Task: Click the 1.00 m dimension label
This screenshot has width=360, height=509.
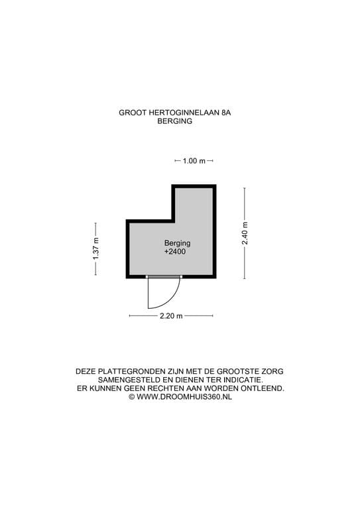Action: tap(194, 160)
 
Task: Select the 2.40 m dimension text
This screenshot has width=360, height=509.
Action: tap(245, 233)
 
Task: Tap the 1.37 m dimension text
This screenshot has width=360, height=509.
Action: tap(95, 249)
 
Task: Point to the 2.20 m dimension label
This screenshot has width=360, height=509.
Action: tap(171, 316)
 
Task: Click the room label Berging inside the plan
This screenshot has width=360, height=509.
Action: tap(177, 243)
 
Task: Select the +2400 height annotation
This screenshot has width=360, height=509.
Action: tap(175, 252)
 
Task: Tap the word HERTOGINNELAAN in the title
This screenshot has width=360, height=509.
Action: tap(184, 113)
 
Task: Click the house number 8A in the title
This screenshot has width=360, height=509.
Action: tap(226, 113)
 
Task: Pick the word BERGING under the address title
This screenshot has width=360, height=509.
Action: tap(174, 121)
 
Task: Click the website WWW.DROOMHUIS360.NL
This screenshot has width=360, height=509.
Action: tap(184, 397)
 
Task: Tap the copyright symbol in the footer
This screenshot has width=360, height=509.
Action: tap(132, 397)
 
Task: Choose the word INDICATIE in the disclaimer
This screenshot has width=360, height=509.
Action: tap(243, 380)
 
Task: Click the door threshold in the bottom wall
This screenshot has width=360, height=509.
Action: tap(164, 277)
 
